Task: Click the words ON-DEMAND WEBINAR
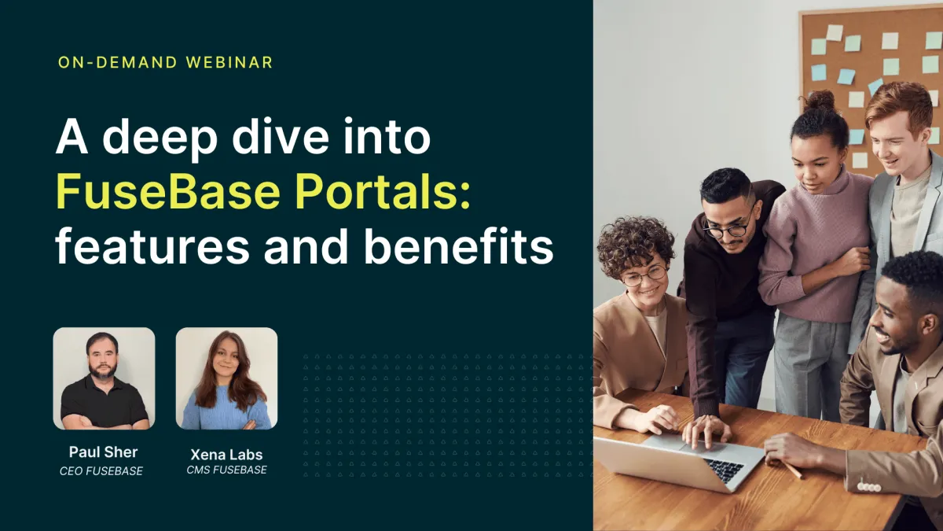[166, 62]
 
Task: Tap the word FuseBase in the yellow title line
[168, 192]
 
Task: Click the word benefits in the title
[458, 246]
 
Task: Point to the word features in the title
[152, 246]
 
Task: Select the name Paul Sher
[103, 452]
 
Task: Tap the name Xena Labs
[226, 455]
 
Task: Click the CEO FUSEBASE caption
[101, 471]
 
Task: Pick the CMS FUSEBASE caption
[226, 470]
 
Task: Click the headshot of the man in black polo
[104, 378]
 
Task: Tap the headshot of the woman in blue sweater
[226, 378]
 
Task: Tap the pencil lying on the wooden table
[791, 470]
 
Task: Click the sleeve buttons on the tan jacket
[869, 487]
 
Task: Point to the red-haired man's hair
[899, 105]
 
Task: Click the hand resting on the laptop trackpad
[707, 432]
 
